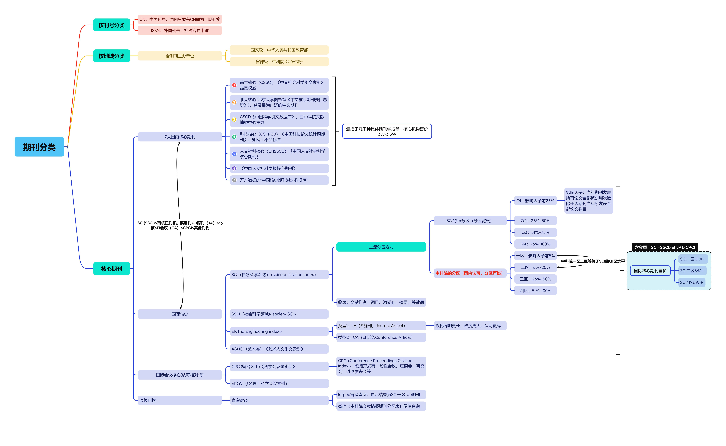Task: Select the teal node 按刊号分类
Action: click(x=111, y=25)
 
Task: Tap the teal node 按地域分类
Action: click(x=111, y=56)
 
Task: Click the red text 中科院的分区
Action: click(x=469, y=273)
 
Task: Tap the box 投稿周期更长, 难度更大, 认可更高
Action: click(x=470, y=326)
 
